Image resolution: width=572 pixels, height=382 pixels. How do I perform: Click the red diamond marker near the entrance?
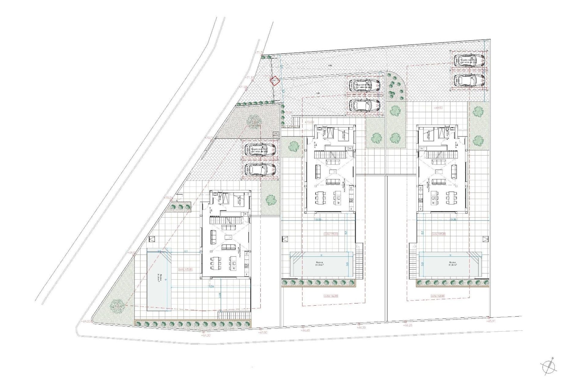pos(274,81)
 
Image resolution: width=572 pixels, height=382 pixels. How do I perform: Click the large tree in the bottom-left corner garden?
pos(117,306)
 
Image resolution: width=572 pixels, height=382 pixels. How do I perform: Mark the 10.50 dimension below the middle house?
pos(318,219)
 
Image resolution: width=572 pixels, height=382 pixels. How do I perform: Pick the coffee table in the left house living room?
pos(229,237)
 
